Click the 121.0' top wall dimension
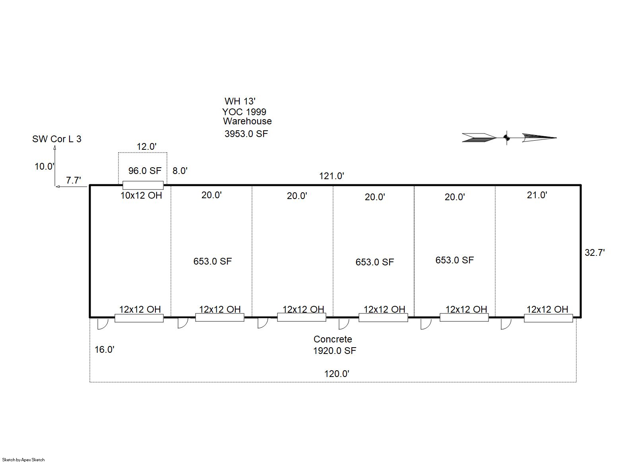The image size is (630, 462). [331, 176]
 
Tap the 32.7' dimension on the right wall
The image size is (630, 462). [595, 253]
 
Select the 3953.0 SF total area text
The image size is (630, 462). [246, 134]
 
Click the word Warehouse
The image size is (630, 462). [247, 121]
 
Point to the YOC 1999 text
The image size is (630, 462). [244, 112]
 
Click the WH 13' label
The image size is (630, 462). [240, 101]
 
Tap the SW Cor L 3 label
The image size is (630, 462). [57, 139]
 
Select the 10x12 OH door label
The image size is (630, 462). [141, 195]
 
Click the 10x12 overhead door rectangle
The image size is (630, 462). [143, 185]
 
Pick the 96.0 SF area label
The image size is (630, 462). [145, 170]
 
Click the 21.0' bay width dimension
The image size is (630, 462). [537, 195]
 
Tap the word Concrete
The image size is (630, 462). [333, 339]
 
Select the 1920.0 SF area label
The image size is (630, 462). [335, 351]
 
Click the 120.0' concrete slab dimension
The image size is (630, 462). [337, 374]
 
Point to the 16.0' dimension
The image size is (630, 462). [105, 350]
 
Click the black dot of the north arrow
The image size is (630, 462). [506, 138]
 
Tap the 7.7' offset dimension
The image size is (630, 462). [73, 180]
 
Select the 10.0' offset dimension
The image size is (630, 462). [45, 166]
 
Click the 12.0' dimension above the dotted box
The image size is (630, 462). [147, 147]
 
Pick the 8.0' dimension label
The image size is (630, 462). [180, 170]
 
